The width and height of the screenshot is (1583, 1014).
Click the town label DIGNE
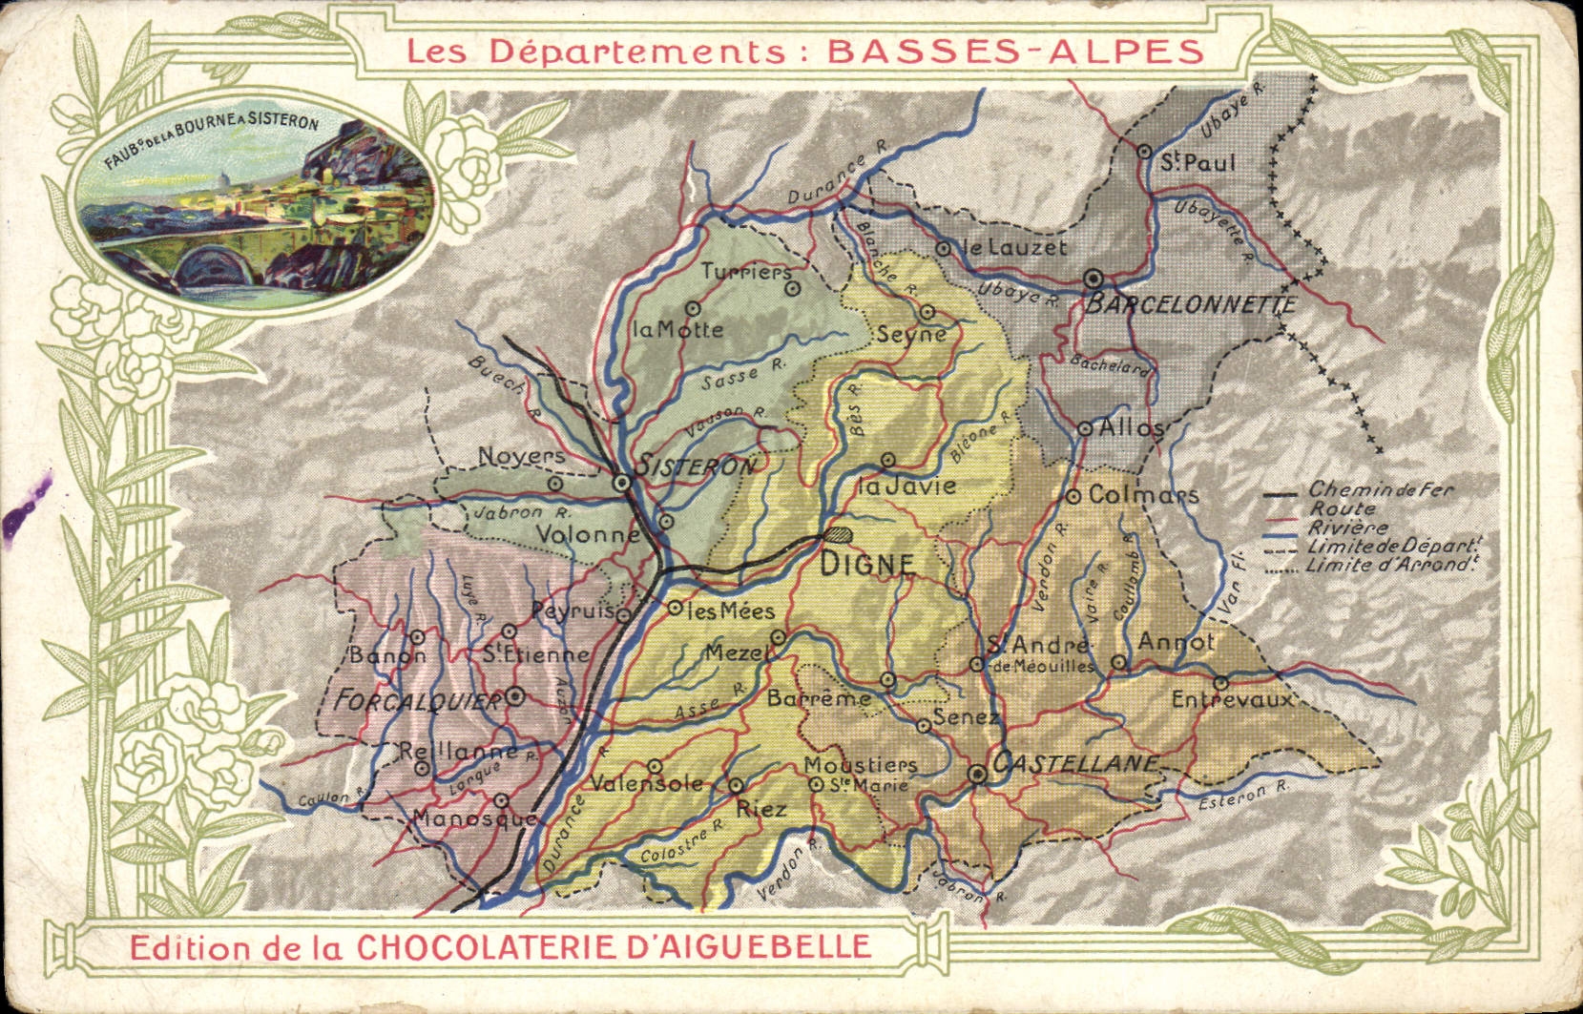click(x=867, y=565)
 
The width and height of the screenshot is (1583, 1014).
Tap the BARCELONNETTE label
click(x=1191, y=305)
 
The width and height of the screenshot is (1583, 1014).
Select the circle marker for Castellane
click(x=977, y=775)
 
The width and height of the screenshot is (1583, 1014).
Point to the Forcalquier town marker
click(x=515, y=696)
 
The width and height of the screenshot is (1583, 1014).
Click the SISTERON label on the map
click(x=697, y=466)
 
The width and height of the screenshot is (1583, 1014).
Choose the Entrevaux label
click(x=1232, y=700)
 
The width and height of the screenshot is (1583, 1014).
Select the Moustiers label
click(x=860, y=765)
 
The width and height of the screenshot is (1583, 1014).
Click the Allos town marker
click(x=1085, y=429)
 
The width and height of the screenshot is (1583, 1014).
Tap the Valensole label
click(x=647, y=784)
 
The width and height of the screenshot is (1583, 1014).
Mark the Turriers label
click(x=746, y=272)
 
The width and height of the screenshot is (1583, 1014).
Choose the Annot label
click(x=1176, y=642)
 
